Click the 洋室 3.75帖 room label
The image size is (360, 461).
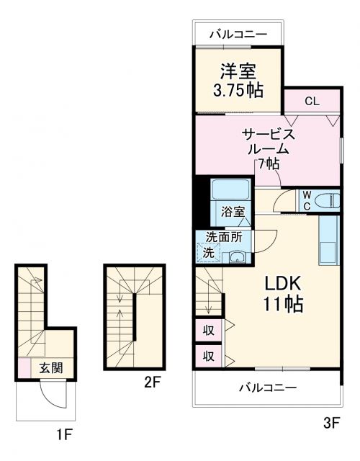click(x=238, y=81)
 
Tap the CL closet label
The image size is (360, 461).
click(x=311, y=102)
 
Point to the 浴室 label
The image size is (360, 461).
click(x=233, y=212)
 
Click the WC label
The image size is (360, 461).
click(x=305, y=200)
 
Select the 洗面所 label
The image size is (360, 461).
click(x=223, y=237)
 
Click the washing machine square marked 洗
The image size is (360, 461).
click(x=207, y=253)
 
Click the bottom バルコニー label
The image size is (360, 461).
click(x=267, y=388)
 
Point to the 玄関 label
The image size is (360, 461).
click(x=50, y=368)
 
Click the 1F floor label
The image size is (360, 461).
click(x=66, y=434)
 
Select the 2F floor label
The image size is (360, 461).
click(x=152, y=382)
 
